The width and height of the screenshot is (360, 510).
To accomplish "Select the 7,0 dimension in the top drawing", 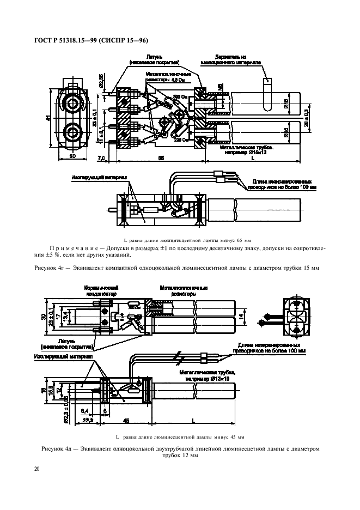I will pyautogui.click(x=101, y=158).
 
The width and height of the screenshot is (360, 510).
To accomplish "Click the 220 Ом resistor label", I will pyautogui.click(x=181, y=140).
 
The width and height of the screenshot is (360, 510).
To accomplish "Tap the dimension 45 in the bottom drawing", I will pyautogui.click(x=126, y=421).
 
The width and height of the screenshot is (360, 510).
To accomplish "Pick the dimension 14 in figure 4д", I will pyautogui.click(x=254, y=315).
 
